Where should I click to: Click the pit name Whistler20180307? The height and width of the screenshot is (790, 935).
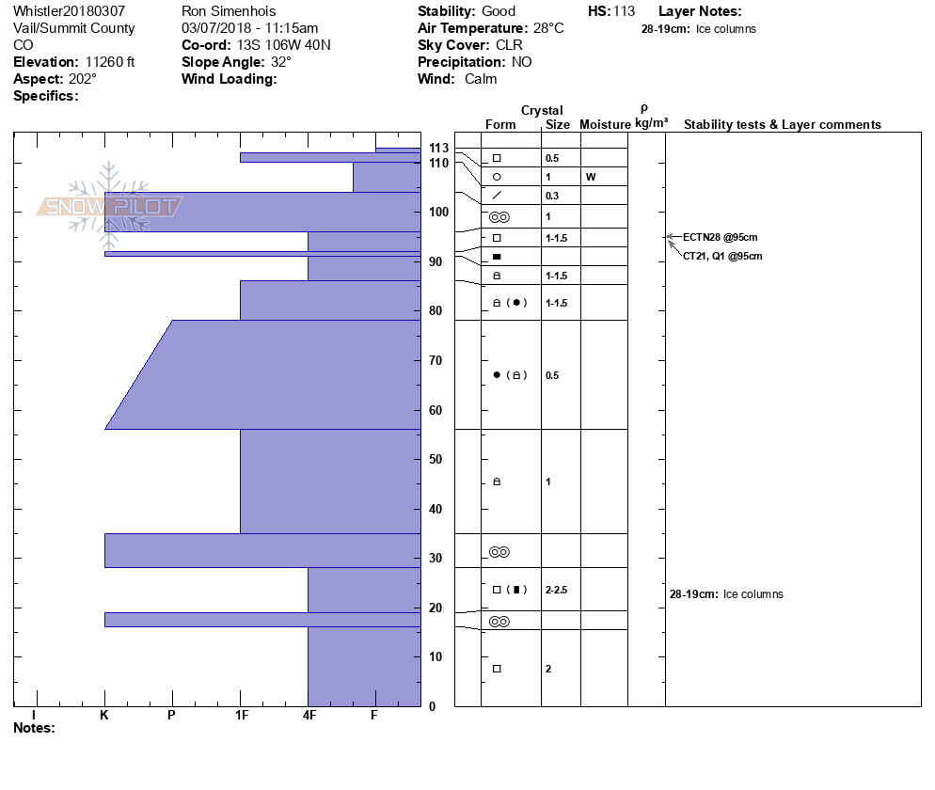coord(69,11)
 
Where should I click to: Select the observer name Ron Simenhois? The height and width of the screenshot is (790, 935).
coord(229,11)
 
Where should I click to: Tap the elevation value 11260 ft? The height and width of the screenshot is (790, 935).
coord(103,62)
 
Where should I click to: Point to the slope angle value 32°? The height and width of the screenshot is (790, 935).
coord(278,62)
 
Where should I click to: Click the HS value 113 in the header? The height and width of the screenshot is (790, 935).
coord(624,11)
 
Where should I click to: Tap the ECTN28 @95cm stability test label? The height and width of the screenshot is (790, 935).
coord(721,237)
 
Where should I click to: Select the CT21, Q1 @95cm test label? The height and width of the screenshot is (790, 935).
coord(722,256)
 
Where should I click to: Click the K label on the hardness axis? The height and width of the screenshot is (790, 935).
coord(104,716)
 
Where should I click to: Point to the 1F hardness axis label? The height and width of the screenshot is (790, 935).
coord(241,716)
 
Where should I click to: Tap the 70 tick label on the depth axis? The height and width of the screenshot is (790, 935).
coord(435,361)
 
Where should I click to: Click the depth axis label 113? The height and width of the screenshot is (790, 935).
coord(438,149)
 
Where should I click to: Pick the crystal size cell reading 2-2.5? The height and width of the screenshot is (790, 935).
coord(558,590)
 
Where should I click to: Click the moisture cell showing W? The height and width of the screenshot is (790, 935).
coord(590,177)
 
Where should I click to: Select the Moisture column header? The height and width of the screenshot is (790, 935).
coord(605,124)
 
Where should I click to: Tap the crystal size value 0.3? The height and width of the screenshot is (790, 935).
coord(552,196)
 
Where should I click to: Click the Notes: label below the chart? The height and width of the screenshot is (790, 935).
coord(34,728)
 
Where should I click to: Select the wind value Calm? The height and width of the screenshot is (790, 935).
coord(480,79)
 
